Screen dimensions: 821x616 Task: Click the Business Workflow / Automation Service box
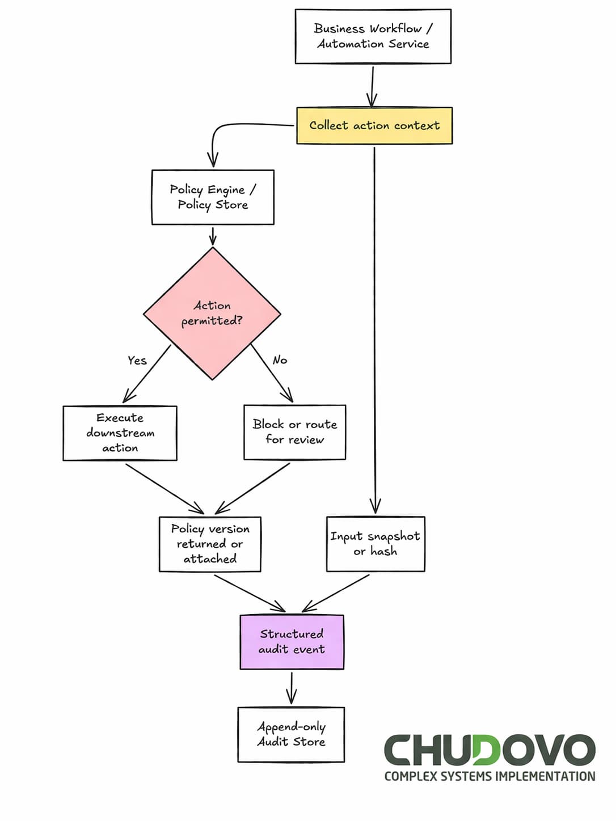373,36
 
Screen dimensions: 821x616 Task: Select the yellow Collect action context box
374,125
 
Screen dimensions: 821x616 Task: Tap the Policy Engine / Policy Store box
213,197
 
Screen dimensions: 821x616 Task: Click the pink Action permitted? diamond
212,314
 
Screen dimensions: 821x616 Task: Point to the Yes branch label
137,360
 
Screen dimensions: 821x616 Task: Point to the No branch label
280,360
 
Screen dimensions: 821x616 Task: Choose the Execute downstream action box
120,433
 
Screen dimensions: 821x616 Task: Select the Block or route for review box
294,432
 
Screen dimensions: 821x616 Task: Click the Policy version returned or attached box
210,544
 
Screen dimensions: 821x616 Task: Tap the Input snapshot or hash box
375,544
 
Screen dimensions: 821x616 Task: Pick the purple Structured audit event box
292,642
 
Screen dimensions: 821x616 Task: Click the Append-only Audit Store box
291,734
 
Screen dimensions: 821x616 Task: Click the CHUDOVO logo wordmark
490,750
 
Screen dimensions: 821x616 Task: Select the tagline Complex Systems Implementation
490,776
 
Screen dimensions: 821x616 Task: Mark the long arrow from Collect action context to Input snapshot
374,329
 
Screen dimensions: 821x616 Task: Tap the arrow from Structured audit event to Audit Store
292,688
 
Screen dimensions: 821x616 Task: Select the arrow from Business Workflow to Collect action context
373,85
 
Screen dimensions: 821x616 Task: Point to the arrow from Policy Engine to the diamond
213,235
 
